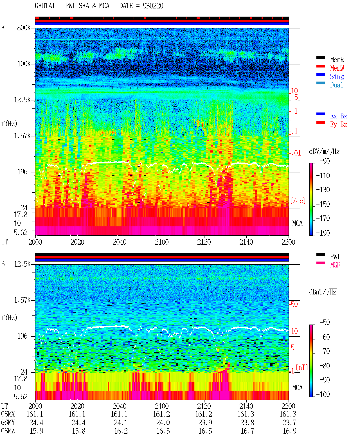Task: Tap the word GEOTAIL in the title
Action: (47, 6)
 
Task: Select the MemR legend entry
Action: (337, 60)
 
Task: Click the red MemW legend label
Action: (337, 68)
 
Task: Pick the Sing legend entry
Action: (337, 76)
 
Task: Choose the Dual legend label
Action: (336, 85)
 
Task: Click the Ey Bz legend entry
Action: (338, 125)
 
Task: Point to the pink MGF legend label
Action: (335, 265)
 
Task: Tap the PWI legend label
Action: (335, 256)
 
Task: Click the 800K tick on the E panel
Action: (24, 28)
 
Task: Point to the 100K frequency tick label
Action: (24, 64)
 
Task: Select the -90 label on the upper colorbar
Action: (325, 161)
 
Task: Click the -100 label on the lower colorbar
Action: (323, 394)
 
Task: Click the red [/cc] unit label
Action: (298, 201)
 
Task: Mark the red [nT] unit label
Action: (302, 367)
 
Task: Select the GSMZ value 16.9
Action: (289, 431)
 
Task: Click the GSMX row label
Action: (8, 414)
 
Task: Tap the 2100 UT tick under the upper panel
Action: (162, 242)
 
